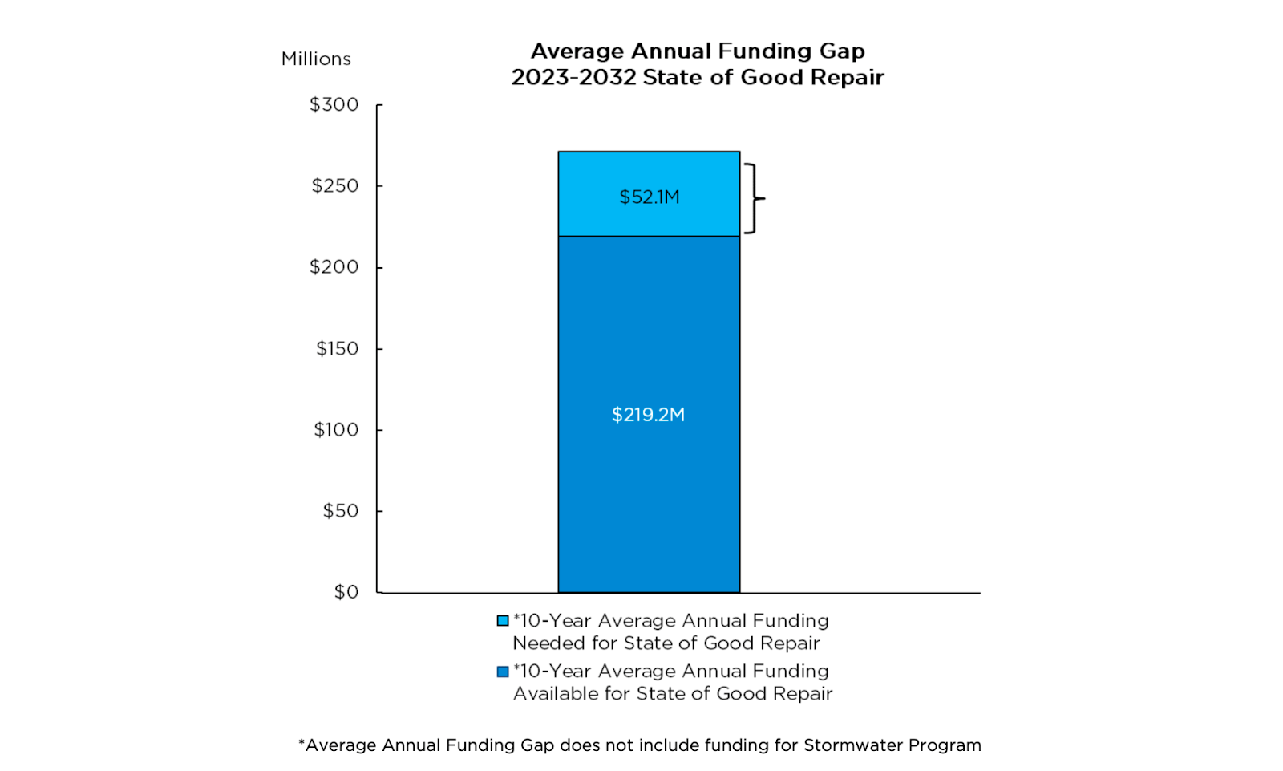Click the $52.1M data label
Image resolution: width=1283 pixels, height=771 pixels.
(649, 197)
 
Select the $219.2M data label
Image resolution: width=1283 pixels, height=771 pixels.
(648, 415)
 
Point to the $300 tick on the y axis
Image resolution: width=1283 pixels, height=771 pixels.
(334, 105)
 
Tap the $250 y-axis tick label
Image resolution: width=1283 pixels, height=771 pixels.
(335, 186)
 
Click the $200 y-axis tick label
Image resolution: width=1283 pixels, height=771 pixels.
(334, 267)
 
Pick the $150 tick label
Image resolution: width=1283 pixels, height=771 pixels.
(337, 349)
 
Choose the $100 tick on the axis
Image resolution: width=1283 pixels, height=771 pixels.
(336, 430)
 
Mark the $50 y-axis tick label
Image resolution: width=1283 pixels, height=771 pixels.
(341, 511)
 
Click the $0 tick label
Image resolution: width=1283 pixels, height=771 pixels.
(346, 592)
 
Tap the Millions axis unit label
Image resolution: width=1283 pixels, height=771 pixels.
(316, 59)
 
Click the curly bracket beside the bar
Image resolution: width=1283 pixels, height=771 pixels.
(754, 198)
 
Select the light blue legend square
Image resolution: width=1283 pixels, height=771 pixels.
(503, 621)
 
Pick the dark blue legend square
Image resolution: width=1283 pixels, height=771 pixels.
(503, 672)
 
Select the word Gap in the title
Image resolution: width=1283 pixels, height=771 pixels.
(841, 52)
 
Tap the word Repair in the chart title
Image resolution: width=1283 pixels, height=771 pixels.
(847, 78)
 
